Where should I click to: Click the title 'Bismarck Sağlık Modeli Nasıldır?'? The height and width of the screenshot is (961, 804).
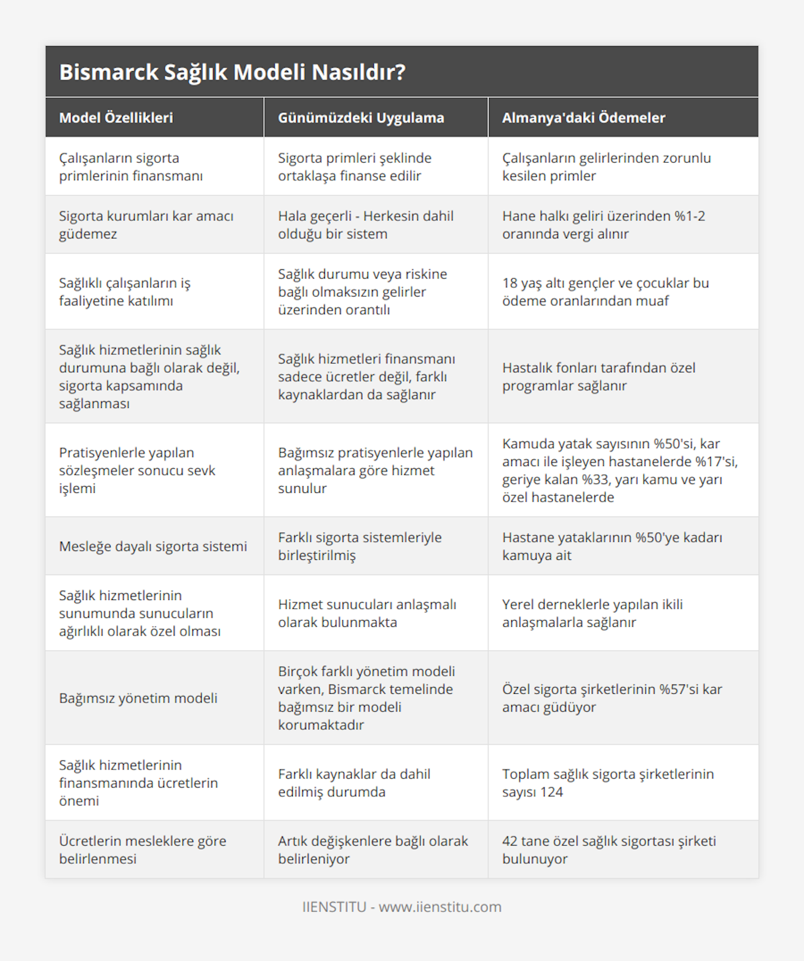(232, 72)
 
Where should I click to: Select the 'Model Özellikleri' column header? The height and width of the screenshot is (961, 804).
(116, 118)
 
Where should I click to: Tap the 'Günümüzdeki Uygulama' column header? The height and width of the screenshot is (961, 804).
(360, 118)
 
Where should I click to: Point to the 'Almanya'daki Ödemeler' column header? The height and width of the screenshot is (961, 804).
(583, 118)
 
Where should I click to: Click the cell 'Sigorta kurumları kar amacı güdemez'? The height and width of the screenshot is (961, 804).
(146, 225)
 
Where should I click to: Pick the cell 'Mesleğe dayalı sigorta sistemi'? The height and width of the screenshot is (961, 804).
(153, 546)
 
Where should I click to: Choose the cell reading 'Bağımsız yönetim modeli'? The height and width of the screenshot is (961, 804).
(138, 698)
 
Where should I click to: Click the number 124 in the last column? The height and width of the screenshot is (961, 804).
(551, 792)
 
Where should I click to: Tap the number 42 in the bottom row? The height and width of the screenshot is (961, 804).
(511, 841)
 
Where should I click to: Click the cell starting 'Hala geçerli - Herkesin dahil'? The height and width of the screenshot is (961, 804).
(365, 225)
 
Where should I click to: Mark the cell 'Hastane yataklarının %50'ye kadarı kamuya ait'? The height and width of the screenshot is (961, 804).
(612, 546)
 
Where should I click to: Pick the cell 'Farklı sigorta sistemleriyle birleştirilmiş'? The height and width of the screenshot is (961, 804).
(360, 546)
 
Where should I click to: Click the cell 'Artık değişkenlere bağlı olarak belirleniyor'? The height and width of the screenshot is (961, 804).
(373, 850)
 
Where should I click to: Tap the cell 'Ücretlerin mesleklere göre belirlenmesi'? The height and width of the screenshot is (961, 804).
(142, 850)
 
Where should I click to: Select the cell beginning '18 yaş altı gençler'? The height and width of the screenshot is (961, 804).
(605, 292)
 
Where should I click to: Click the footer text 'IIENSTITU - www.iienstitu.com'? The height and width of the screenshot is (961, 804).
(401, 907)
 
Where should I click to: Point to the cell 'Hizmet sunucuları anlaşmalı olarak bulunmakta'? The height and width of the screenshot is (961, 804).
(366, 613)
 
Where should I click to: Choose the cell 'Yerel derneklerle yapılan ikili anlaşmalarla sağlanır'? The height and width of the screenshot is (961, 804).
(592, 613)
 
